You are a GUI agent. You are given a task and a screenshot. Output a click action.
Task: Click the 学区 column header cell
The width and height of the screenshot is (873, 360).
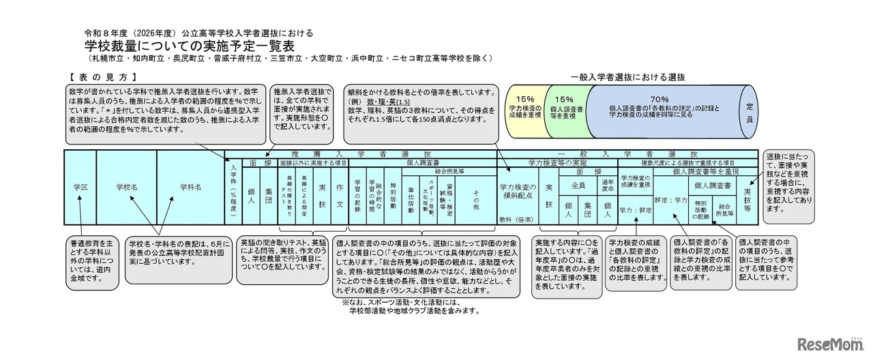[80, 187]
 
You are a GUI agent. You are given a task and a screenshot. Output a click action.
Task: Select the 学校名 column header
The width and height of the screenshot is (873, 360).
[126, 187]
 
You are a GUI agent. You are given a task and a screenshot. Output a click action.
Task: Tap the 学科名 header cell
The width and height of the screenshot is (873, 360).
[190, 187]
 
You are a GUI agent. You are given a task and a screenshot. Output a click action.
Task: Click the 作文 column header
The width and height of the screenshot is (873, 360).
[339, 194]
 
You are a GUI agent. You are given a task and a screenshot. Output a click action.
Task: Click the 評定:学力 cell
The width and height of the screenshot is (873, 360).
[671, 200]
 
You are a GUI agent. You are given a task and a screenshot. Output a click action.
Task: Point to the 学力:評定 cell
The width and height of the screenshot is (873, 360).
[635, 210]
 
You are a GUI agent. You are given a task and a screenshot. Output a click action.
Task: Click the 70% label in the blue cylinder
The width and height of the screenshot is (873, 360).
[659, 98]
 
